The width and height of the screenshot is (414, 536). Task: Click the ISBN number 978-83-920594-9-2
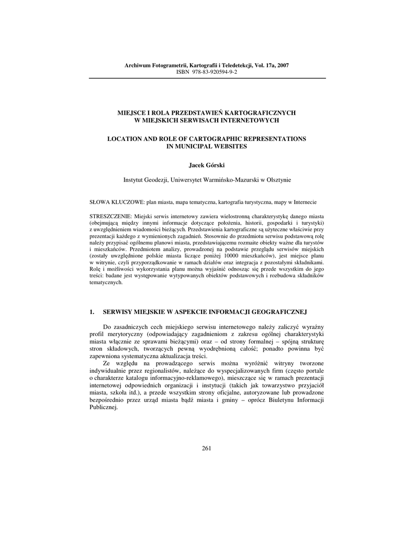[x=214, y=72]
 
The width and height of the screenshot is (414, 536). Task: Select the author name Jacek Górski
[x=206, y=165]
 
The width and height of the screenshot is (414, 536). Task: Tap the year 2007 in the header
[x=281, y=65]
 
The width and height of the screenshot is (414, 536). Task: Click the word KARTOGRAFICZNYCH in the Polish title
[x=262, y=113]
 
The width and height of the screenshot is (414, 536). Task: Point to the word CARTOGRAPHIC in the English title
[x=208, y=139]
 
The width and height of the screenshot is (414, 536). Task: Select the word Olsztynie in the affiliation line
[x=276, y=180]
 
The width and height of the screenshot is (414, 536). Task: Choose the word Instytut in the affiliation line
[x=133, y=180]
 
